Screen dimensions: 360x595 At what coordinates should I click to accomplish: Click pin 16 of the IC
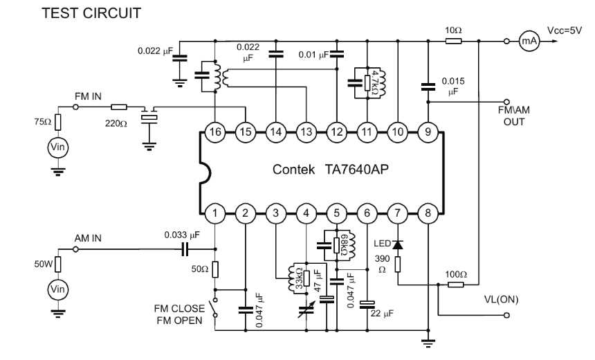(214, 131)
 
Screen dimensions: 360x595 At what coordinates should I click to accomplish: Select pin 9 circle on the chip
(428, 131)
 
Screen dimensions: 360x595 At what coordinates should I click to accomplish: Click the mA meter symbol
(529, 42)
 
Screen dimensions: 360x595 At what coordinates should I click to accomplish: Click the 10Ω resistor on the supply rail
(454, 42)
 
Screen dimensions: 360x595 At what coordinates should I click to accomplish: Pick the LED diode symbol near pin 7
(398, 244)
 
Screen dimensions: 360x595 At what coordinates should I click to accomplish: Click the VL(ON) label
(501, 299)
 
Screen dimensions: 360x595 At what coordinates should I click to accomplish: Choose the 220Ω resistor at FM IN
(119, 107)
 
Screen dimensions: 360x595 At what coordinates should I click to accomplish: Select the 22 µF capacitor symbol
(367, 303)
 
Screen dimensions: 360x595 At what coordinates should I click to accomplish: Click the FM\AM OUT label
(512, 116)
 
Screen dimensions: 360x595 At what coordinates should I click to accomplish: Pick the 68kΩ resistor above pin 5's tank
(336, 244)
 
